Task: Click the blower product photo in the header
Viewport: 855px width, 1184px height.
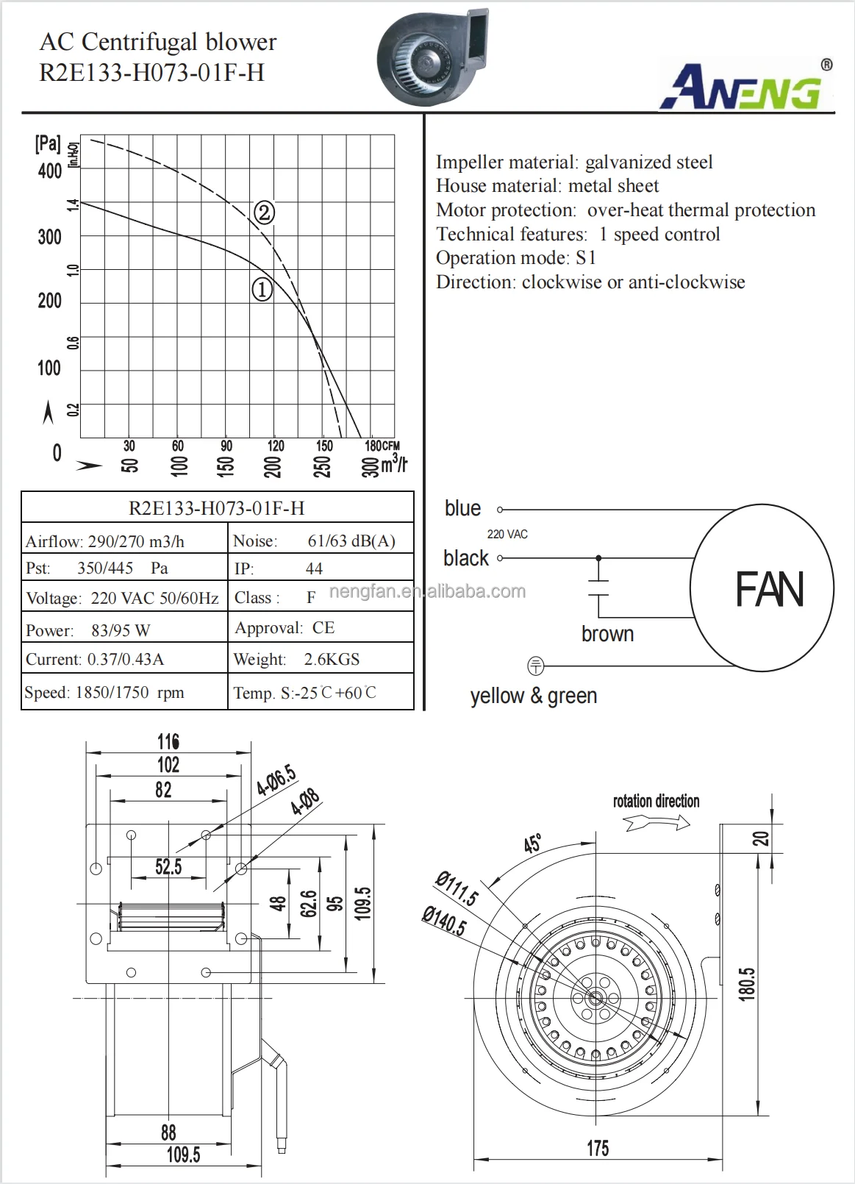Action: pyautogui.click(x=432, y=57)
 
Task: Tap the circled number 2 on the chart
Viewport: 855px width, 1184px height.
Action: pyautogui.click(x=264, y=213)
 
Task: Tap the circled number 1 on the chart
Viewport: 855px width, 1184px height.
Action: pyautogui.click(x=262, y=289)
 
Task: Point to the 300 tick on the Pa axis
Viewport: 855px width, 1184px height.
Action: pyautogui.click(x=50, y=237)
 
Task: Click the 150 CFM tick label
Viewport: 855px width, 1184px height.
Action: pyautogui.click(x=324, y=446)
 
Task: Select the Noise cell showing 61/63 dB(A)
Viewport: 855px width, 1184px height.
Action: pyautogui.click(x=321, y=541)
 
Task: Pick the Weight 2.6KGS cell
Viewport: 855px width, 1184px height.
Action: pyautogui.click(x=321, y=659)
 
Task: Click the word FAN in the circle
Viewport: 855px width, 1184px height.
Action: pyautogui.click(x=769, y=590)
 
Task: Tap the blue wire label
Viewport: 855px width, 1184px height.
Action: pyautogui.click(x=462, y=508)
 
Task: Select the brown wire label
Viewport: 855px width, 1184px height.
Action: pyautogui.click(x=607, y=634)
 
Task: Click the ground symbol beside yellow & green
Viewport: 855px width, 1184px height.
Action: pyautogui.click(x=536, y=666)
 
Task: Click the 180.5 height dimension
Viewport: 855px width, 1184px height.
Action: pyautogui.click(x=747, y=983)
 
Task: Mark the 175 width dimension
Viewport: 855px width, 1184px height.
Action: pyautogui.click(x=597, y=1148)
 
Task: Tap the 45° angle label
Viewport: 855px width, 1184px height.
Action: pyautogui.click(x=533, y=844)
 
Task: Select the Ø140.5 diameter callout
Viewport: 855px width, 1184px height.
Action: pyautogui.click(x=443, y=921)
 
